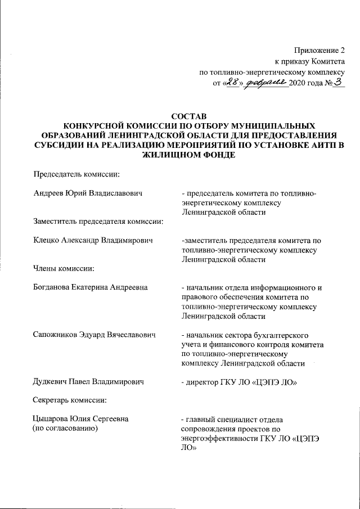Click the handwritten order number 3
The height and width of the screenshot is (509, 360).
point(338,83)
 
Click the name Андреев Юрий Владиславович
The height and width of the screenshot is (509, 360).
point(88,193)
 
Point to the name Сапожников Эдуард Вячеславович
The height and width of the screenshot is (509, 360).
point(94,335)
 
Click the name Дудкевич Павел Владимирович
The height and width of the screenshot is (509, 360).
point(88,382)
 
